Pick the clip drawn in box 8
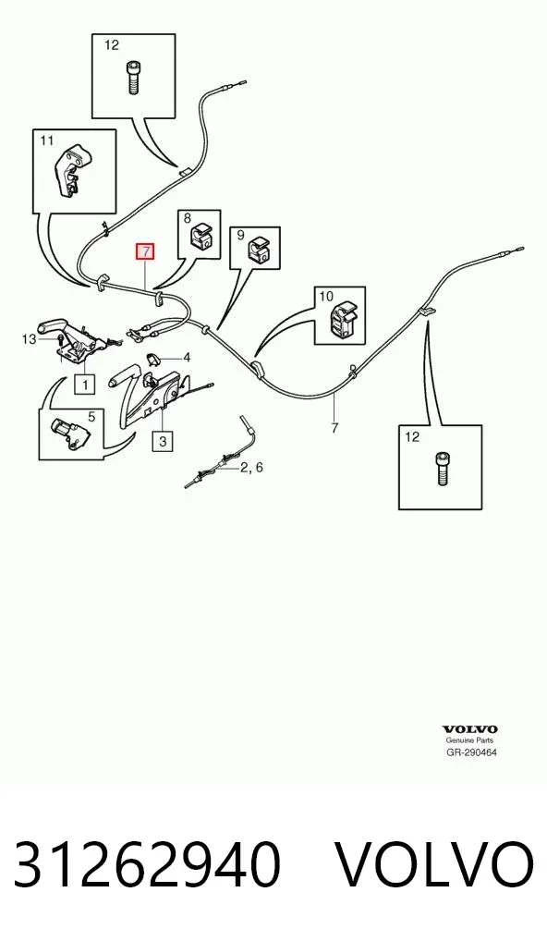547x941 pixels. (x=201, y=235)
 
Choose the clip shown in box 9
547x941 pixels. (x=260, y=250)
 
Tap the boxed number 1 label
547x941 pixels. (x=85, y=384)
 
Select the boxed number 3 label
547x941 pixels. (x=163, y=442)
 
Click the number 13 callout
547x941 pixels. (x=29, y=339)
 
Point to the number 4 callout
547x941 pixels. (x=187, y=359)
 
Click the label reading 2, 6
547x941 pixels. (x=251, y=468)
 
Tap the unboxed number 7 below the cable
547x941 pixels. (x=334, y=428)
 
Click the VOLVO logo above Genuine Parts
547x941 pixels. (x=470, y=729)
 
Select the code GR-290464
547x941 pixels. (x=471, y=752)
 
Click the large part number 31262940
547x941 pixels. (x=147, y=865)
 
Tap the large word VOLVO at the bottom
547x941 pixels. (x=433, y=865)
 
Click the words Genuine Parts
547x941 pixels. (x=469, y=740)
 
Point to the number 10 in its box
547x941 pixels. (x=325, y=296)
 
